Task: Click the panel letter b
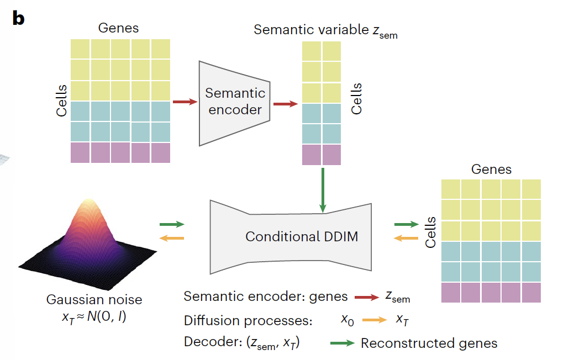click(18, 18)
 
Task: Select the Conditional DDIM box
click(302, 236)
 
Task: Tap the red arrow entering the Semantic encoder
click(185, 102)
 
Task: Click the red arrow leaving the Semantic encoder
click(285, 103)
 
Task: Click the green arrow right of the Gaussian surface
click(171, 225)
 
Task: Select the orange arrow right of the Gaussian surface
click(171, 238)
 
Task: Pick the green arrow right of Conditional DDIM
click(406, 225)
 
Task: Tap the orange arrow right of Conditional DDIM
click(406, 238)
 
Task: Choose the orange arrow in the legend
click(375, 320)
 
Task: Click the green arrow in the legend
click(342, 343)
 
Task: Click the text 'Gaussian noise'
click(94, 300)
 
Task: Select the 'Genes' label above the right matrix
click(491, 169)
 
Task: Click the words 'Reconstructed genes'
click(429, 343)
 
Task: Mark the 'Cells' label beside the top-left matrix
click(62, 100)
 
